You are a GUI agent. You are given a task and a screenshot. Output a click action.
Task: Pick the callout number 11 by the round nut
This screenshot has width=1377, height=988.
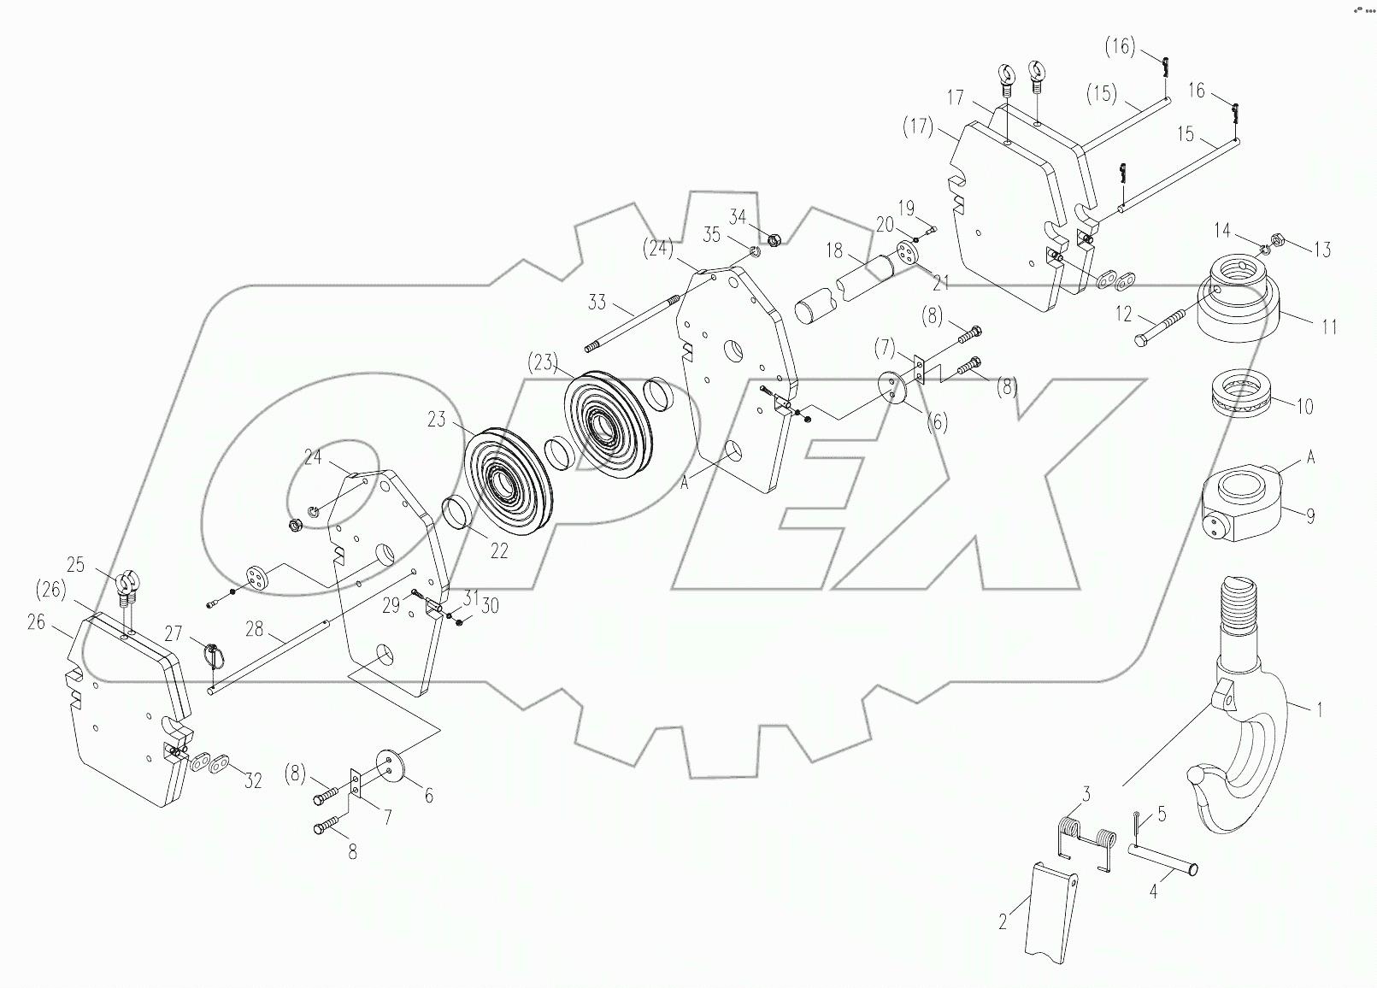[1328, 326]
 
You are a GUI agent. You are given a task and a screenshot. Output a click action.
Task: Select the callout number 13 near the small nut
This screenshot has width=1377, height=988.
[1321, 250]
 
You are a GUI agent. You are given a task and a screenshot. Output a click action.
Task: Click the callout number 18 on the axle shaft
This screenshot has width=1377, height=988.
[833, 250]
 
